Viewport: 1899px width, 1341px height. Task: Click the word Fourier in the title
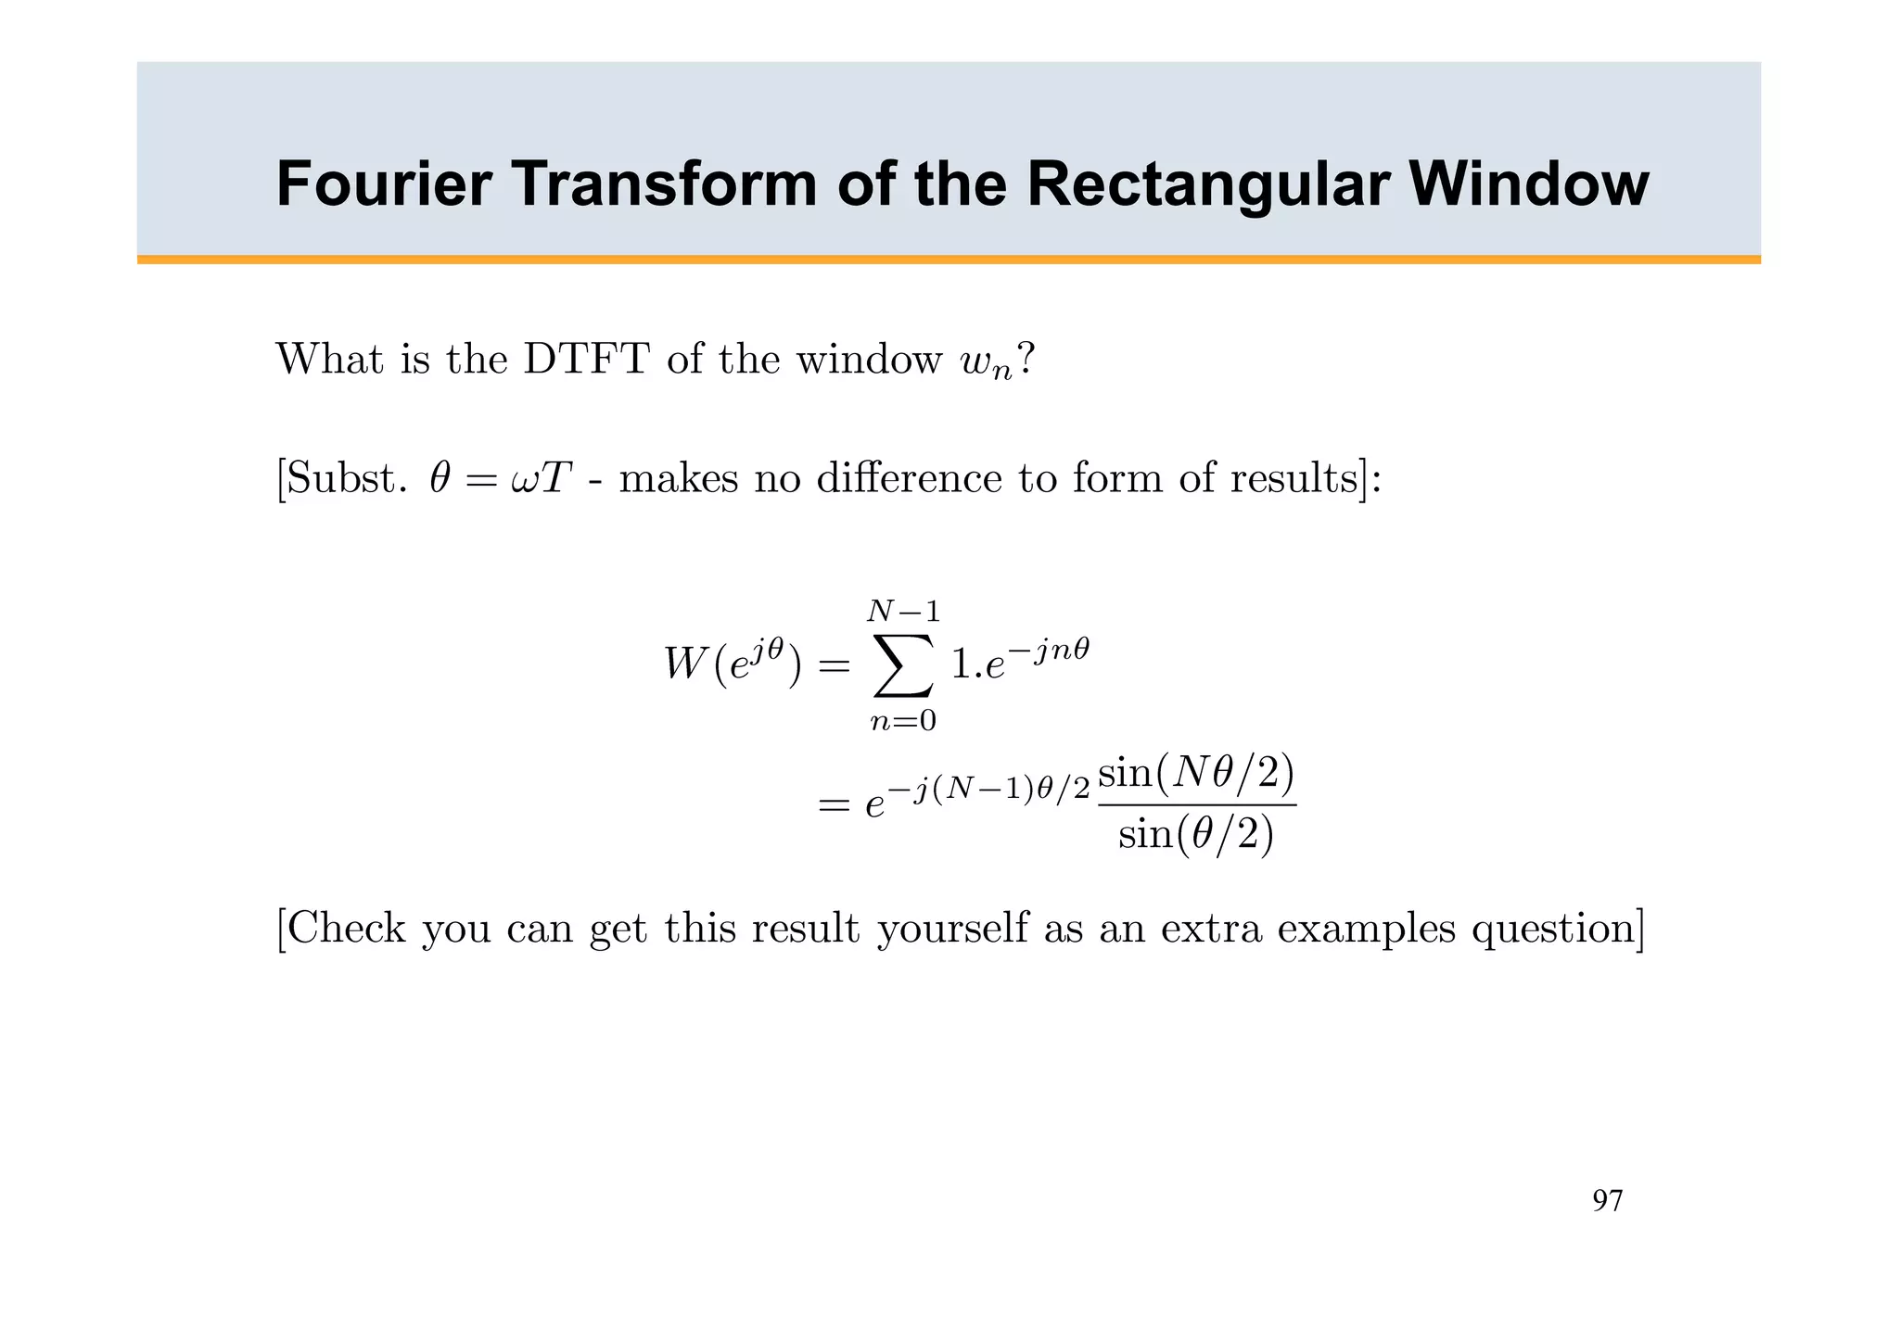pyautogui.click(x=384, y=184)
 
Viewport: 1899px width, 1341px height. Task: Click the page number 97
pyautogui.click(x=1607, y=1201)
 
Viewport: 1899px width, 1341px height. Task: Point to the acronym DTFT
pyautogui.click(x=585, y=360)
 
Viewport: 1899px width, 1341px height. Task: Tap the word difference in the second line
pyautogui.click(x=910, y=479)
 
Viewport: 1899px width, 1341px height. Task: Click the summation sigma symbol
pyautogui.click(x=902, y=665)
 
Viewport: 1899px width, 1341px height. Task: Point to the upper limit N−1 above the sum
pyautogui.click(x=903, y=612)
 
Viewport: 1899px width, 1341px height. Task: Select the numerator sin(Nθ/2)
pyautogui.click(x=1196, y=774)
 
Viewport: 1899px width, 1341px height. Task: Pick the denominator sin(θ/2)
pyautogui.click(x=1196, y=836)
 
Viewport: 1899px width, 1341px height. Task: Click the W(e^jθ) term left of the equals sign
pyautogui.click(x=732, y=665)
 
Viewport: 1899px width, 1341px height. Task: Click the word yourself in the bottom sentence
pyautogui.click(x=952, y=929)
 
